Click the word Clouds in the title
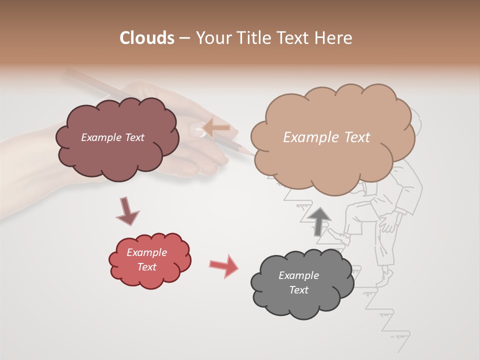(147, 38)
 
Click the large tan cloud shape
(332, 160)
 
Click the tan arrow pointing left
(216, 128)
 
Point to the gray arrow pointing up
(319, 220)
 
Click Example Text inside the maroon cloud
(112, 137)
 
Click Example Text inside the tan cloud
(326, 137)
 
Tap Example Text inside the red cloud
(146, 259)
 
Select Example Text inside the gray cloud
(298, 282)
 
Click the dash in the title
(184, 38)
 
